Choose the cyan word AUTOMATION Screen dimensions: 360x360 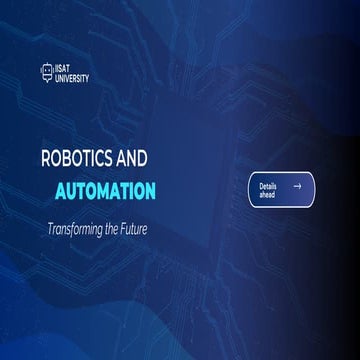(119, 189)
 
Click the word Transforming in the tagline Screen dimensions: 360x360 (78, 228)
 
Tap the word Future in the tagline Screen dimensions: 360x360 (144, 228)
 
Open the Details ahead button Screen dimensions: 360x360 (281, 190)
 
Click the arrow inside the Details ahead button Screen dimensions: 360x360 (297, 186)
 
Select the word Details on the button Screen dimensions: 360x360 (268, 186)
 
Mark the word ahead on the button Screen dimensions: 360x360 (267, 195)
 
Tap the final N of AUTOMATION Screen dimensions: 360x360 (149, 189)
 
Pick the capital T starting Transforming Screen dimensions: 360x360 (50, 228)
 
